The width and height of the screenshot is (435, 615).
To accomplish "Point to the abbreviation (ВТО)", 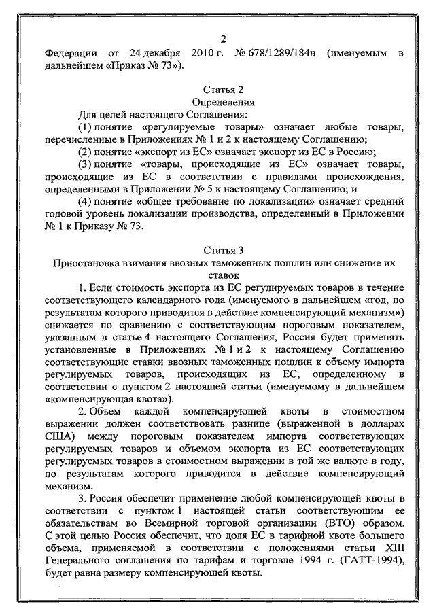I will point(333,525).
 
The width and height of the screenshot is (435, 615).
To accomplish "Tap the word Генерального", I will point(80,563).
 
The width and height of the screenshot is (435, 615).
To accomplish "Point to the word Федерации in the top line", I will point(73,53).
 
